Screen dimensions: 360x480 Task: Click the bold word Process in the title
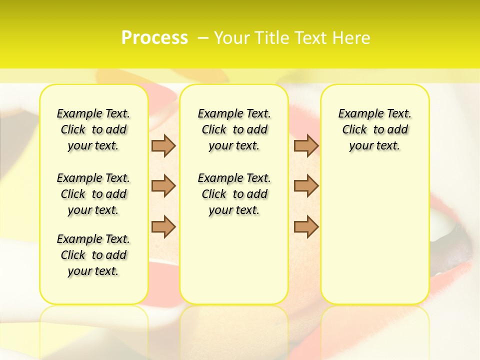pyautogui.click(x=154, y=38)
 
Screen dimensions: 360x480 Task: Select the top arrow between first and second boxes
pyautogui.click(x=163, y=146)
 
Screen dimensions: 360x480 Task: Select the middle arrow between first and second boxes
pyautogui.click(x=163, y=186)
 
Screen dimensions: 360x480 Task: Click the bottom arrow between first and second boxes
pyautogui.click(x=163, y=226)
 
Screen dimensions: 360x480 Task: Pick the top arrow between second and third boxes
pyautogui.click(x=306, y=146)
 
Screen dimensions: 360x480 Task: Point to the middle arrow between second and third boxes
pyautogui.click(x=306, y=186)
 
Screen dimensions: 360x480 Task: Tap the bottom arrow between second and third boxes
pyautogui.click(x=306, y=226)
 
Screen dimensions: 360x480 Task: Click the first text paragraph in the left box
pyautogui.click(x=93, y=129)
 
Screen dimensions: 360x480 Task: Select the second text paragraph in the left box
pyautogui.click(x=93, y=194)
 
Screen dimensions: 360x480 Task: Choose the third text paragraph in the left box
pyautogui.click(x=93, y=255)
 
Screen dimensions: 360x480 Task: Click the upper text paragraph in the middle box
pyautogui.click(x=234, y=129)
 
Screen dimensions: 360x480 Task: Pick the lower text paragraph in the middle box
pyautogui.click(x=234, y=194)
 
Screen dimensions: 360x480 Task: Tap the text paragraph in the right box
pyautogui.click(x=374, y=129)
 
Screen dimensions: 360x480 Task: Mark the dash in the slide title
pyautogui.click(x=203, y=38)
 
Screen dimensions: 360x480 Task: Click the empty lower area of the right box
pyautogui.click(x=374, y=230)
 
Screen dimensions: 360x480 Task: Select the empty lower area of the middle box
pyautogui.click(x=234, y=260)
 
